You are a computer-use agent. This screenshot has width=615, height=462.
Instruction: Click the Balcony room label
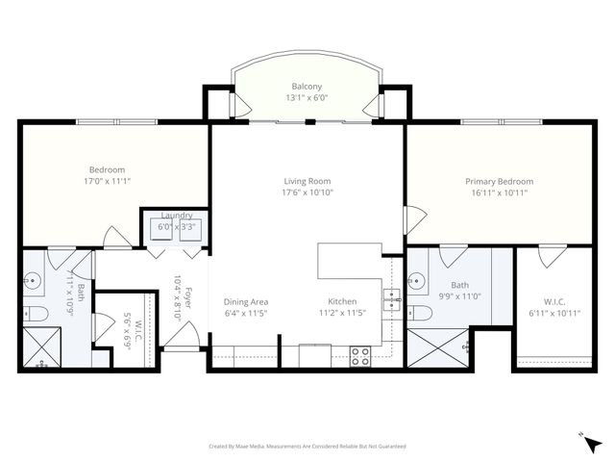click(307, 85)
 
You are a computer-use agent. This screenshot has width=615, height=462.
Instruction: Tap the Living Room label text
click(307, 181)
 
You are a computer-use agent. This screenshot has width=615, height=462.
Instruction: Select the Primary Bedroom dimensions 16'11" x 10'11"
click(499, 192)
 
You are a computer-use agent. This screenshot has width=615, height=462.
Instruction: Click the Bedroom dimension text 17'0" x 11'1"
click(107, 180)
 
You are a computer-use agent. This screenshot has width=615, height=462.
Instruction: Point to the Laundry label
click(177, 216)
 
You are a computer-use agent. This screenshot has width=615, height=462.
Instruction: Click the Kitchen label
click(342, 300)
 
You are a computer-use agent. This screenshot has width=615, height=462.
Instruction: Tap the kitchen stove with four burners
click(360, 355)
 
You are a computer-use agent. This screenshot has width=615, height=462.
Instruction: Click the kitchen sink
click(392, 300)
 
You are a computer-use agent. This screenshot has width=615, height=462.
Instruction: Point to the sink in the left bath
click(33, 282)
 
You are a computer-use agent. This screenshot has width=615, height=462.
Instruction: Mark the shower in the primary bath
click(437, 347)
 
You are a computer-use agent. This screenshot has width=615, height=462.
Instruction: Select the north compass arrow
click(592, 444)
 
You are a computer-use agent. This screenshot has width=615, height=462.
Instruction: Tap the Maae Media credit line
click(307, 447)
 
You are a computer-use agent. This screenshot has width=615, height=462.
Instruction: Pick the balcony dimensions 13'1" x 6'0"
click(307, 97)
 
